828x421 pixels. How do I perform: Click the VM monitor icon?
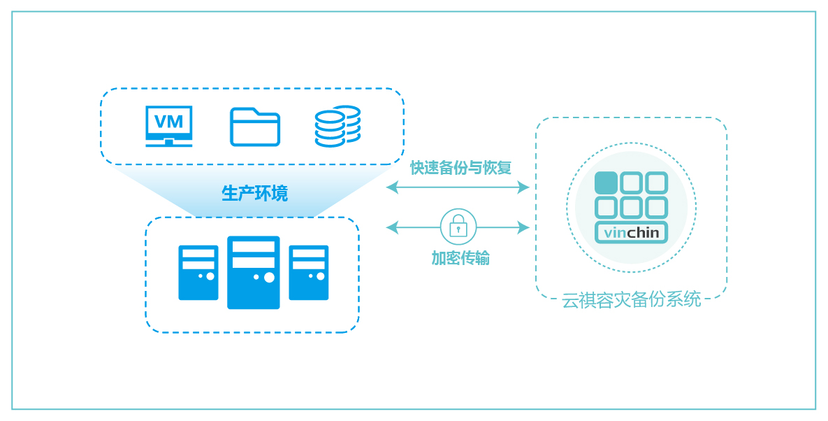pyautogui.click(x=169, y=126)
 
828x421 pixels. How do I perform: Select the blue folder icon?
pyautogui.click(x=255, y=127)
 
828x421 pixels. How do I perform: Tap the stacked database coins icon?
pyautogui.click(x=337, y=127)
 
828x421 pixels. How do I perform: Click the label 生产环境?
pyautogui.click(x=254, y=193)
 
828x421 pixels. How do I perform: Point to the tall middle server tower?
pyautogui.click(x=254, y=273)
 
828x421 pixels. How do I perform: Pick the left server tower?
pyautogui.click(x=198, y=273)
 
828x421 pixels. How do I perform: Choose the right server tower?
pyautogui.click(x=308, y=273)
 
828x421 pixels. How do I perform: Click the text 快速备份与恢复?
pyautogui.click(x=461, y=168)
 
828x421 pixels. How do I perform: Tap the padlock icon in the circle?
pyautogui.click(x=458, y=227)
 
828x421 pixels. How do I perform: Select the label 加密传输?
pyautogui.click(x=460, y=258)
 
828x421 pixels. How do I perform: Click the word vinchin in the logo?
pyautogui.click(x=632, y=232)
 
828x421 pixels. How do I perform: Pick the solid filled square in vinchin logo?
pyautogui.click(x=607, y=183)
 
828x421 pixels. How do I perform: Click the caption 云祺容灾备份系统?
pyautogui.click(x=632, y=299)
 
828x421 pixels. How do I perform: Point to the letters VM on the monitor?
pyautogui.click(x=169, y=122)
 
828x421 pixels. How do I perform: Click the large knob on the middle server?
pyautogui.click(x=269, y=278)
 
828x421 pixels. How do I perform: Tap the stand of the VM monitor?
pyautogui.click(x=169, y=143)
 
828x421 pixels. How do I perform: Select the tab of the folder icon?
pyautogui.click(x=243, y=111)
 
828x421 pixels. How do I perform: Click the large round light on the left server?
pyautogui.click(x=210, y=276)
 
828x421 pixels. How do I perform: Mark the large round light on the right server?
pyautogui.click(x=321, y=276)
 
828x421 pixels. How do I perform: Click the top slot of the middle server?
pyautogui.click(x=254, y=247)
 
